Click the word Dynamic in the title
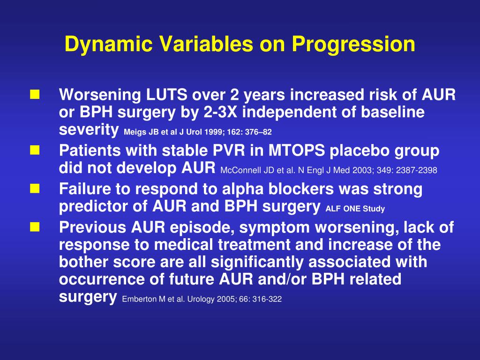point(108,45)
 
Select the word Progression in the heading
point(353,45)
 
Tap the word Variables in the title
point(207,44)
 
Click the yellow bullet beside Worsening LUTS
point(35,95)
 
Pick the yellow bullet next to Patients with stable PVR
point(35,150)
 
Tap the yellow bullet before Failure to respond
point(35,188)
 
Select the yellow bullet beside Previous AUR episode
point(35,227)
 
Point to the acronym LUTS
point(166,95)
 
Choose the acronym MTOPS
point(297,150)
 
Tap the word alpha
point(243,189)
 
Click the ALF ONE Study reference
point(355,209)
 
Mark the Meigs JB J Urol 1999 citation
point(198,132)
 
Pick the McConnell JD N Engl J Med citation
point(329,170)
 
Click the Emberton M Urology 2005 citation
point(202,299)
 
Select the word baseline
point(393,112)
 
